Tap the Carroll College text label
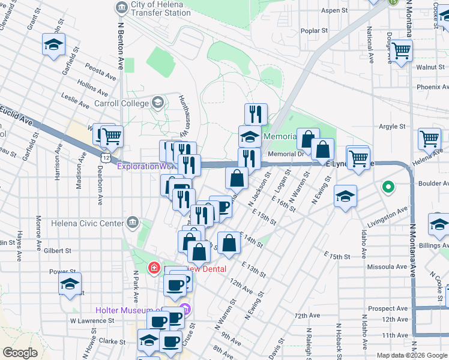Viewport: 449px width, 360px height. coord(122,103)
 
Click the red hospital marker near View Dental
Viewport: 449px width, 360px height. coord(154,267)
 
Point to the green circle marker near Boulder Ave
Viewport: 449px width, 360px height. coord(388,187)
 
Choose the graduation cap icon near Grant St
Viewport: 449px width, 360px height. coord(53,45)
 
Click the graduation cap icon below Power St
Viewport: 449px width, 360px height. coord(70,284)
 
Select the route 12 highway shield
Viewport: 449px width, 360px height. coord(105,157)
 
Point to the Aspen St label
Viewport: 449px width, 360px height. coord(334,11)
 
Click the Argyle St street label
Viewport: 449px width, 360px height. coord(392,127)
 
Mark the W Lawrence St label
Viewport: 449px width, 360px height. coord(91,320)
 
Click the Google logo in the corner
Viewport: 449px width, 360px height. coord(19,353)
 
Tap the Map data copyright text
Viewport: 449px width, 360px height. coord(412,355)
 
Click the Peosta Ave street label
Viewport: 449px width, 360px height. coord(101,73)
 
